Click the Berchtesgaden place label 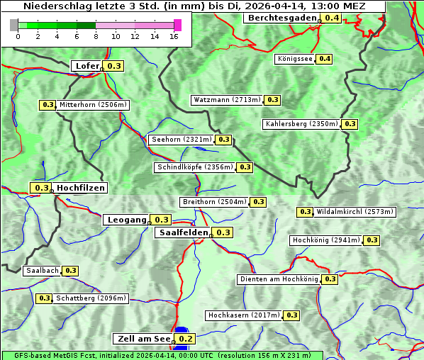281,18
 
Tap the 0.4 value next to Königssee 325,59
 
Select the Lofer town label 87,66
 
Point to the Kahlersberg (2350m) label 301,124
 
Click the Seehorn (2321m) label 182,140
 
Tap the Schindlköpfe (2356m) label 194,167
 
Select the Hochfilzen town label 80,188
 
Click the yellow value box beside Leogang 162,220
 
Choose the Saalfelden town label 183,232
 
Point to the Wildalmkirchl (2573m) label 355,212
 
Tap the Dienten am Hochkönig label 279,279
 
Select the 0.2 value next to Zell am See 185,339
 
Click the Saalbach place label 42,271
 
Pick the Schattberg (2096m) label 91,298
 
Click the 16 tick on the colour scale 174,37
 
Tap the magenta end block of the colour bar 177,25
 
